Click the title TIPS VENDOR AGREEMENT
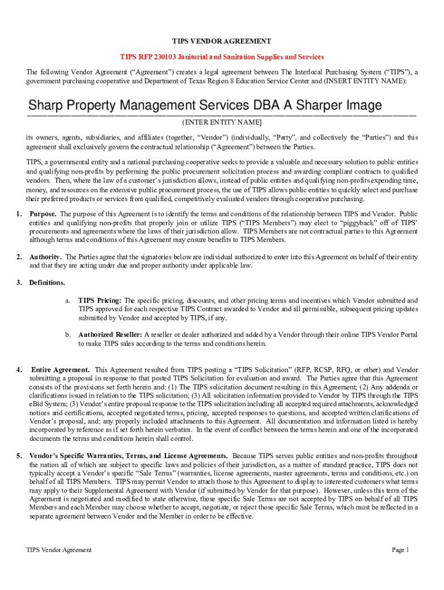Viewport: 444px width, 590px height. [222, 41]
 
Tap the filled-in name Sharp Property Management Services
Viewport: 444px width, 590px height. [138, 105]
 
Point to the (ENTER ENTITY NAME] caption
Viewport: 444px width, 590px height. [222, 123]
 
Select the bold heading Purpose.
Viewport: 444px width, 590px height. [43, 214]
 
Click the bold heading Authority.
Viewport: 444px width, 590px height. [46, 257]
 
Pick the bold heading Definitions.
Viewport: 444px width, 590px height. [47, 283]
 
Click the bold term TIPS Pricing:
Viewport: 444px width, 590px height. [100, 300]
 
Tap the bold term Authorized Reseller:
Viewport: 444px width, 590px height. [110, 335]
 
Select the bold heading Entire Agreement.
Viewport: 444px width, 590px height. [60, 369]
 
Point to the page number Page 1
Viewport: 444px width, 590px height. [400, 550]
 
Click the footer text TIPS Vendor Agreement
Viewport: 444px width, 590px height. [59, 550]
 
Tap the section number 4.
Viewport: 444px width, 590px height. [19, 369]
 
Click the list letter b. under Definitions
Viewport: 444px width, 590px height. [67, 335]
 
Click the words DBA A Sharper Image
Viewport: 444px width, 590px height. [316, 105]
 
